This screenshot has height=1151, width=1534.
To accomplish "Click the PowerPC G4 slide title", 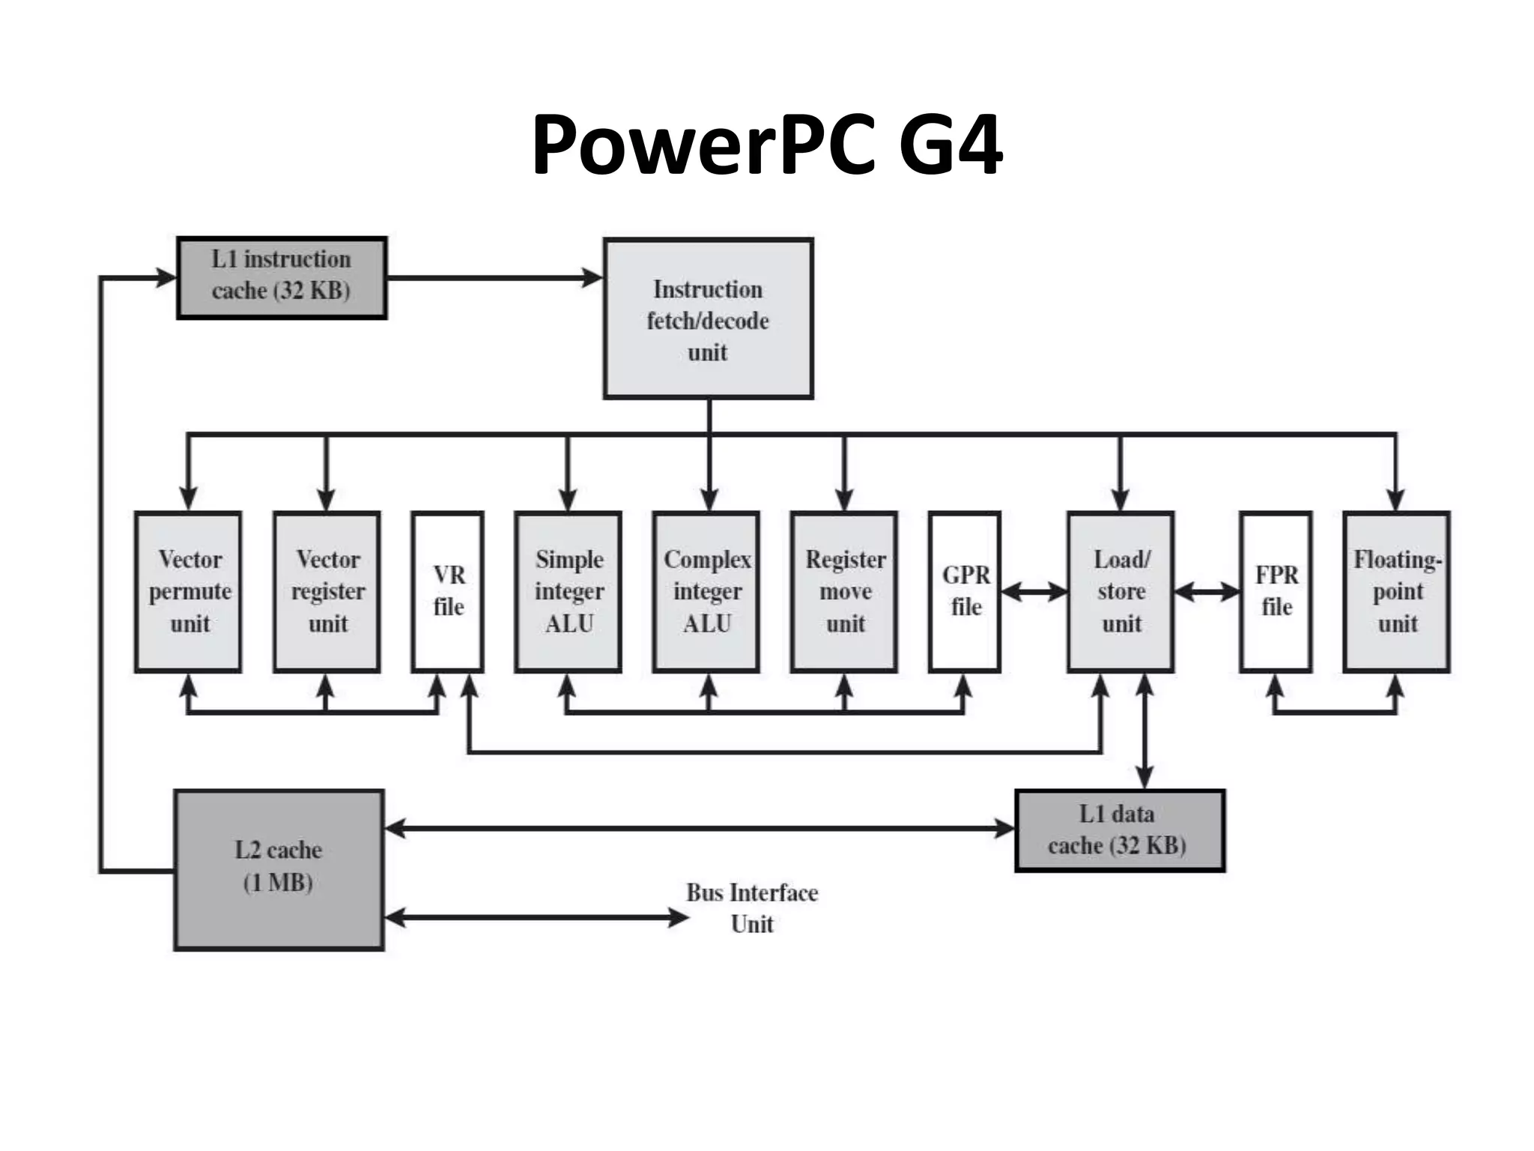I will (x=766, y=144).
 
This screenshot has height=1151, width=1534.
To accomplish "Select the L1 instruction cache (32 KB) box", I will (x=282, y=278).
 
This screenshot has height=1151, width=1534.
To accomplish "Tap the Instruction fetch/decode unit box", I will (x=708, y=319).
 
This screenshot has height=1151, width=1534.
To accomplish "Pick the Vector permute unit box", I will (x=189, y=592).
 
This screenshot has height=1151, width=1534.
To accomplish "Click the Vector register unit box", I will (x=327, y=592).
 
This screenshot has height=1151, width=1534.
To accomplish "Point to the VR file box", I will (x=448, y=592).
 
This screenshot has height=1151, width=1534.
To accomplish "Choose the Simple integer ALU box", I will (x=569, y=592).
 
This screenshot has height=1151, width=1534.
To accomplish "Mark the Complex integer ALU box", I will (x=706, y=592).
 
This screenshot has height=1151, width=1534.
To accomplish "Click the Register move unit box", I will (x=844, y=592).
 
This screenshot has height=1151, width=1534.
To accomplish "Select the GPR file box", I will (x=965, y=592).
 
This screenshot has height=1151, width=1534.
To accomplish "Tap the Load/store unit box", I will (x=1121, y=592).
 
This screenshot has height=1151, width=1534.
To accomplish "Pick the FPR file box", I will (x=1276, y=592).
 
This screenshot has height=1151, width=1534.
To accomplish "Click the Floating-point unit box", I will (x=1397, y=592).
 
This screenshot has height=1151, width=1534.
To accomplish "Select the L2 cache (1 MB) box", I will (x=279, y=870).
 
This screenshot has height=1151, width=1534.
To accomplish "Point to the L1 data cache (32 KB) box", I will (x=1120, y=830).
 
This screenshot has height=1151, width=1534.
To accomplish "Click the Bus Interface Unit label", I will (x=752, y=907).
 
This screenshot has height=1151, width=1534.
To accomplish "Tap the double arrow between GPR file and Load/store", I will (x=1034, y=593).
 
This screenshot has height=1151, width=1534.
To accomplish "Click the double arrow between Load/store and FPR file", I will (x=1207, y=593).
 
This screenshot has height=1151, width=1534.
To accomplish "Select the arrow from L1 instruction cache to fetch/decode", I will (x=494, y=278).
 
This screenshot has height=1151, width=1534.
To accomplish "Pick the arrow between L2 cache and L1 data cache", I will (x=700, y=828).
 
